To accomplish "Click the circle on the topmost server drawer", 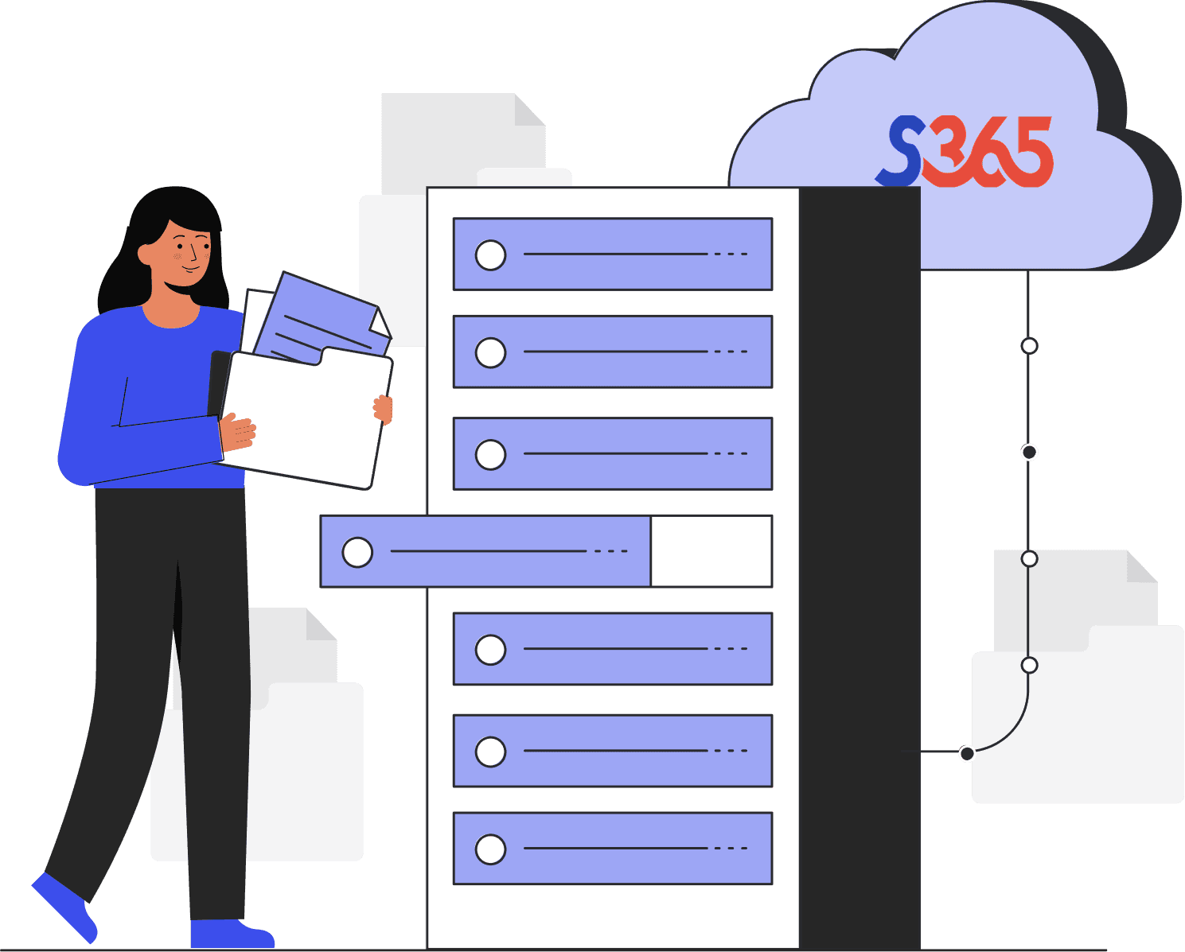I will point(490,255).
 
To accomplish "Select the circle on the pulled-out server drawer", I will point(357,552).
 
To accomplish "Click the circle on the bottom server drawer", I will point(490,849).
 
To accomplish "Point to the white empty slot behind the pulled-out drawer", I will point(711,551).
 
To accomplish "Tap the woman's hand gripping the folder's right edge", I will point(384,409).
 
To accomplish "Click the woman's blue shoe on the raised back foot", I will point(64,907).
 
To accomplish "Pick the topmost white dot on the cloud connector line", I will point(1029,346).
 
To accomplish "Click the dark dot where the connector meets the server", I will point(967,753).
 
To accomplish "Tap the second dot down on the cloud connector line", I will point(1029,453).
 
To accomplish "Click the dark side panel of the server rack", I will point(860,557).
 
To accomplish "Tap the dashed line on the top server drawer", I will point(731,255).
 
